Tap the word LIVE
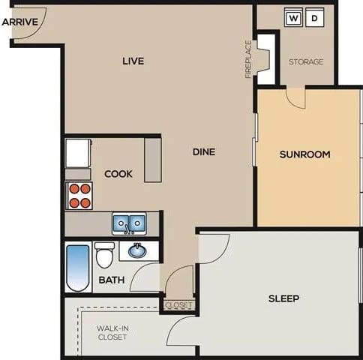[133, 61]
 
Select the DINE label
[203, 151]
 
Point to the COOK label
[118, 174]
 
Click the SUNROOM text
[304, 155]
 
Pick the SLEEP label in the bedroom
[283, 298]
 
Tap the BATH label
[112, 280]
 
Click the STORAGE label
[306, 61]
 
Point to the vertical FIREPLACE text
[248, 59]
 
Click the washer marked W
[293, 17]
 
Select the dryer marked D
[314, 17]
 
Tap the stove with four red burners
[79, 195]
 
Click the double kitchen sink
[130, 223]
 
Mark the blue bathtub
[77, 268]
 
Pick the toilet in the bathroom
[104, 255]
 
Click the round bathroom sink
[137, 250]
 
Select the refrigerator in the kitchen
[78, 153]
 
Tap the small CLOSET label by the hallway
[178, 305]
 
